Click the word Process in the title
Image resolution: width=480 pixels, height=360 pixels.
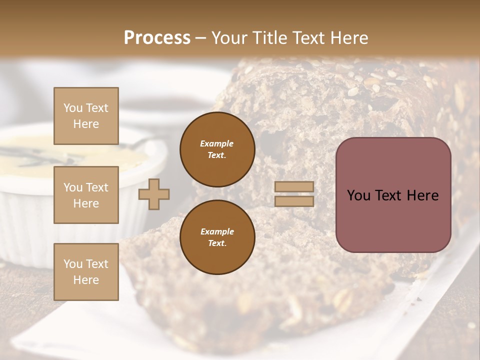click(157, 38)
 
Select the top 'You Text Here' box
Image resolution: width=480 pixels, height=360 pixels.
click(86, 116)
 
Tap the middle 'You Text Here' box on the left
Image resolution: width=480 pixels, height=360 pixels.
click(86, 195)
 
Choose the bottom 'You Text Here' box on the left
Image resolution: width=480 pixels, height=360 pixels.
click(86, 272)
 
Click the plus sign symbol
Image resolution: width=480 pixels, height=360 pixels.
click(154, 194)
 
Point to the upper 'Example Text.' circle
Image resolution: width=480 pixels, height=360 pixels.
click(217, 149)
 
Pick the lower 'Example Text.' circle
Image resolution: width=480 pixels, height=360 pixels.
click(217, 237)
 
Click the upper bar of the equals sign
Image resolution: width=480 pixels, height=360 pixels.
click(294, 187)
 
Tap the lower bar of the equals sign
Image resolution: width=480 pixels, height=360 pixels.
click(294, 201)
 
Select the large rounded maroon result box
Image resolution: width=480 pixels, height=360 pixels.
click(393, 195)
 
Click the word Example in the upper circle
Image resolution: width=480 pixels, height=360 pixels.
click(217, 143)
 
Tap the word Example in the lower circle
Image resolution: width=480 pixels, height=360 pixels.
click(217, 231)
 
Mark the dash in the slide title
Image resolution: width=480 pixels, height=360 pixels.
click(201, 38)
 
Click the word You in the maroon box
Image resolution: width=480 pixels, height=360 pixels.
click(358, 195)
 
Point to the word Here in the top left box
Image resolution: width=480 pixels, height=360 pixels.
click(86, 124)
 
